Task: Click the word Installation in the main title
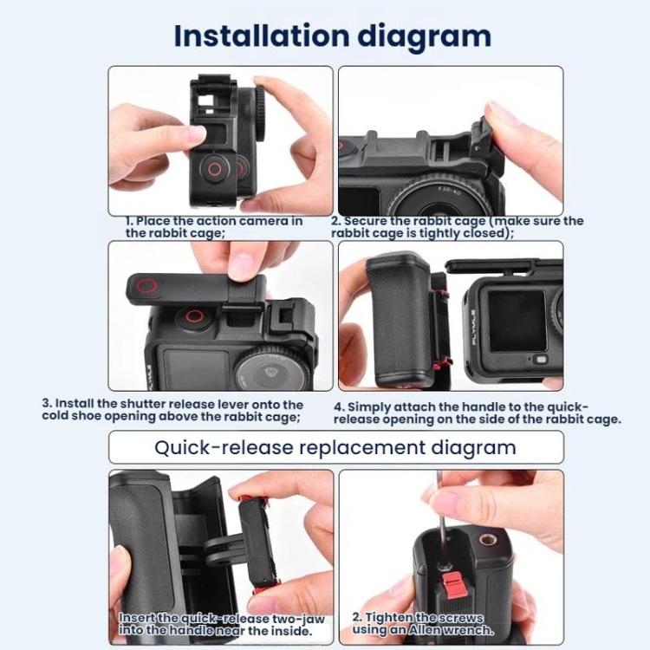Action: tap(262, 36)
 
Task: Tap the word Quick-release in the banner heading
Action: tap(224, 448)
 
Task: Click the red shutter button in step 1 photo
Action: tap(215, 168)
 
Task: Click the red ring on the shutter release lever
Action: tap(147, 287)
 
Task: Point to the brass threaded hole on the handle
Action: tap(487, 540)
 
